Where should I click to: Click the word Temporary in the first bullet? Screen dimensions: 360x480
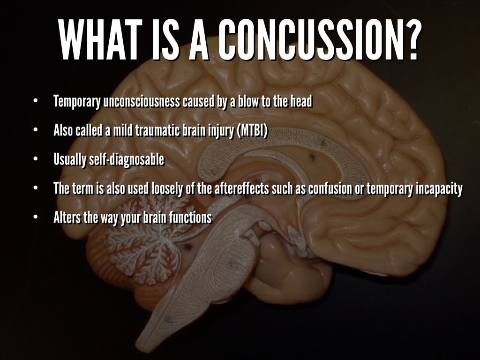point(76,102)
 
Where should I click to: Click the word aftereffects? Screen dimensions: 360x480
point(241,189)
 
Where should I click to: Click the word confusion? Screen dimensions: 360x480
point(341,189)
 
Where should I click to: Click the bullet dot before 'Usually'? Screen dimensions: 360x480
point(35,160)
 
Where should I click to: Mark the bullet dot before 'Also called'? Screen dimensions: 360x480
point(35,131)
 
